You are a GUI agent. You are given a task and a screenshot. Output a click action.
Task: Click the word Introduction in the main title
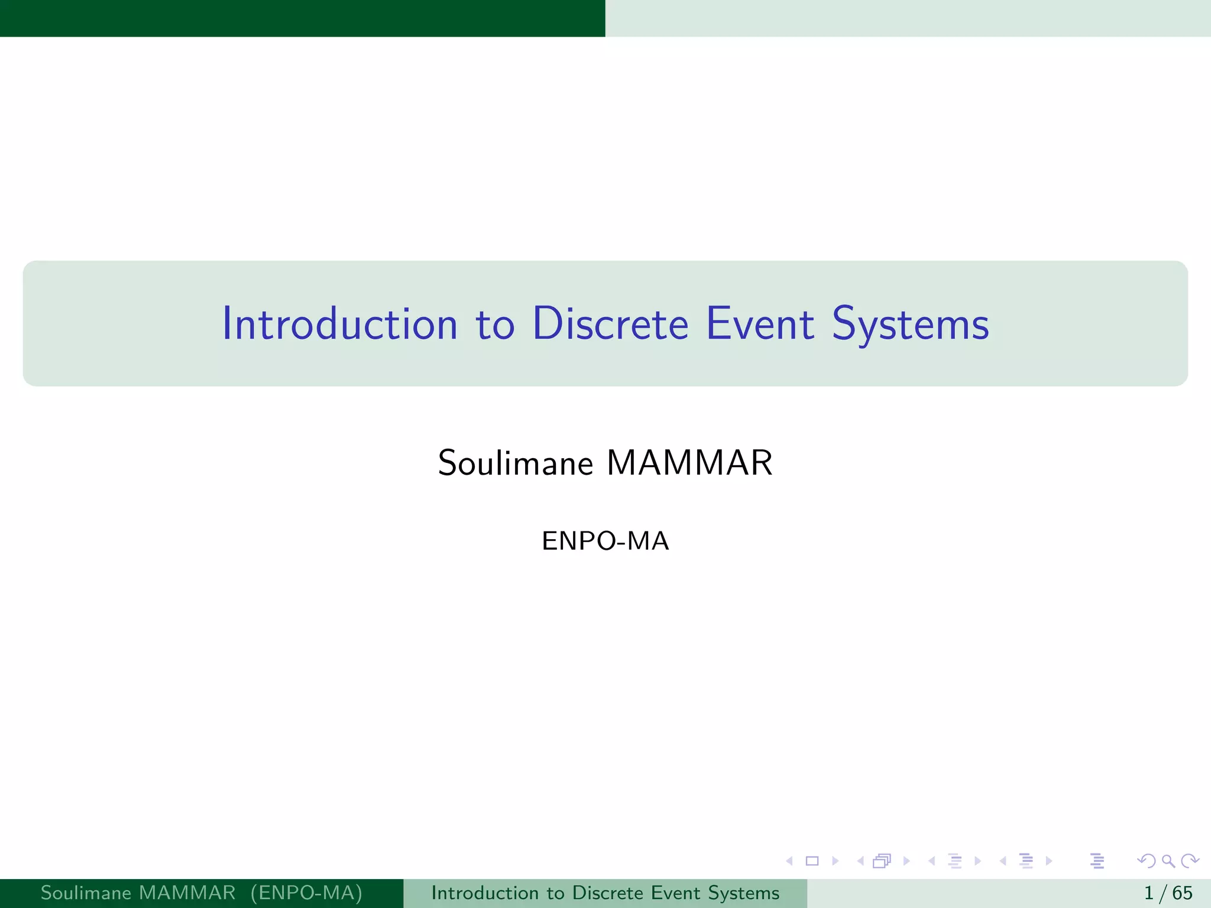[x=340, y=324]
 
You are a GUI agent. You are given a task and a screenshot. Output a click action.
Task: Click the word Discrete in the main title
[x=610, y=324]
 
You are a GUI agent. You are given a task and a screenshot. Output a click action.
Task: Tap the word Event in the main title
[x=760, y=324]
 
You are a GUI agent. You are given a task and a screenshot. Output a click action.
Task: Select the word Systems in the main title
[x=910, y=325]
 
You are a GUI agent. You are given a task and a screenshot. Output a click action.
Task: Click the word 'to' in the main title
[x=495, y=325]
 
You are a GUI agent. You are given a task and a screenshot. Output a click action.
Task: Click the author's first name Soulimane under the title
[x=515, y=463]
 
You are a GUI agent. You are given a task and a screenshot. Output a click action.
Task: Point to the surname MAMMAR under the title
[x=689, y=463]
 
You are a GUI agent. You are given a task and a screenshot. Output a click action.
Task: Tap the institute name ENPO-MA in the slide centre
[x=605, y=541]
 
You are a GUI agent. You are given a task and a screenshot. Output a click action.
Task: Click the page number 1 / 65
[x=1168, y=893]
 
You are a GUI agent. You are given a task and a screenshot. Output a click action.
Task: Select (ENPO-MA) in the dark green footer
[x=306, y=893]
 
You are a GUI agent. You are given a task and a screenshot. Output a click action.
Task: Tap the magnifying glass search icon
[x=1168, y=861]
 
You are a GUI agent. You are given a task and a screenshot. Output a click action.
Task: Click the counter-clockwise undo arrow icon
[x=1147, y=861]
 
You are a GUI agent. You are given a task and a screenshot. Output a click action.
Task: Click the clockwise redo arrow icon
[x=1190, y=861]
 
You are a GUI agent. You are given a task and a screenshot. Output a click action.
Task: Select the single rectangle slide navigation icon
[x=812, y=861]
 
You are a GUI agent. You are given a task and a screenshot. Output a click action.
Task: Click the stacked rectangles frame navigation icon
[x=882, y=861]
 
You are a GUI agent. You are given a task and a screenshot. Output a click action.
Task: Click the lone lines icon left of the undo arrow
[x=1097, y=861]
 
